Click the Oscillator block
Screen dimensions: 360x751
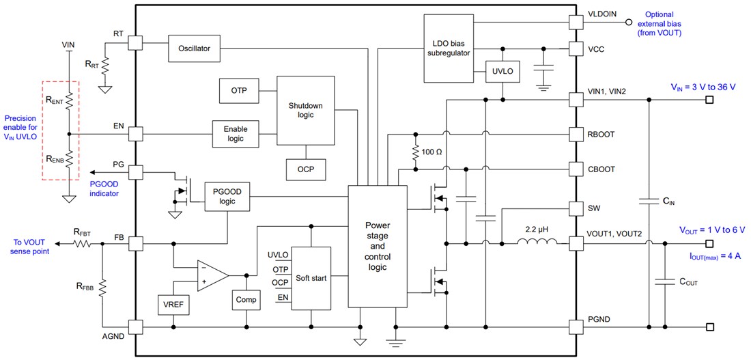coord(194,49)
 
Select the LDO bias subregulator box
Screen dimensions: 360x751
coord(447,46)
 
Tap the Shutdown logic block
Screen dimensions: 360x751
coord(305,110)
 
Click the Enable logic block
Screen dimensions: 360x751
coord(236,133)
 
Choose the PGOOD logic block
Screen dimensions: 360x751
coord(227,197)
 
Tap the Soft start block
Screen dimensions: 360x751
coord(311,278)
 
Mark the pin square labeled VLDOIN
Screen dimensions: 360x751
coord(576,21)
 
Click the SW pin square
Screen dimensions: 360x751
coord(576,208)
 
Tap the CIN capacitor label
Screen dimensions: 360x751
coord(668,201)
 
